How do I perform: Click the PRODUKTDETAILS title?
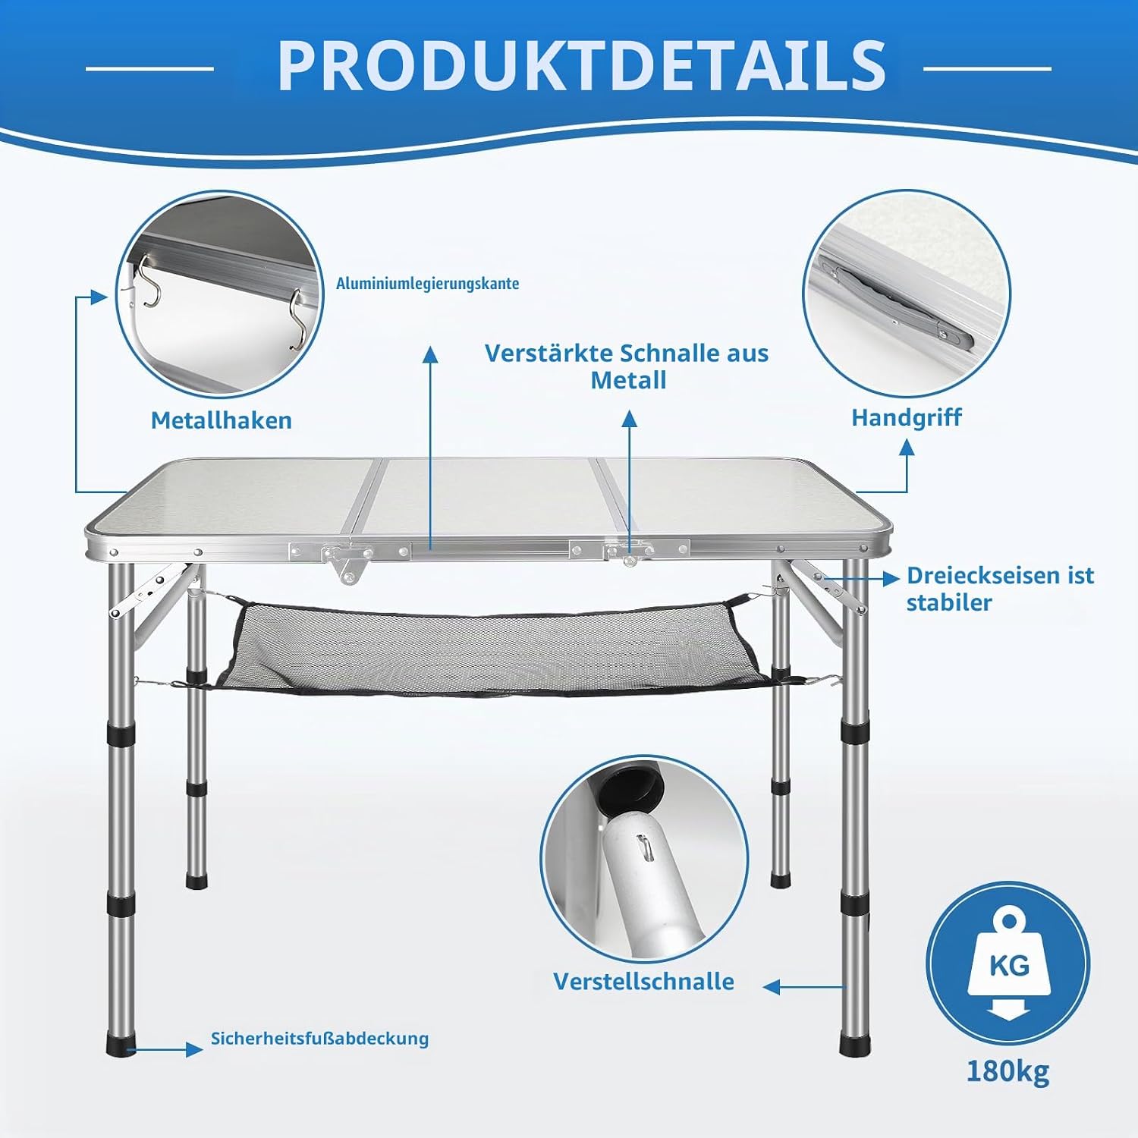[x=582, y=65]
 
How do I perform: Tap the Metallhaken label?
[x=222, y=420]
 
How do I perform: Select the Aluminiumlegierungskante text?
[x=428, y=284]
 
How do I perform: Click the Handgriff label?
[x=907, y=417]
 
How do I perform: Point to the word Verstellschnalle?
[x=643, y=981]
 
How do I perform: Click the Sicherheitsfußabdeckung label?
[x=319, y=1038]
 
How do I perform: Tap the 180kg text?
[x=1008, y=1071]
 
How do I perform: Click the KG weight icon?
[x=1008, y=964]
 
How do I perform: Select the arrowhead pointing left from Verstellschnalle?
[x=772, y=987]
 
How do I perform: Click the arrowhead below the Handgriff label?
[x=907, y=447]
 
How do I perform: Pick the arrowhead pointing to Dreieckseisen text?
[x=891, y=578]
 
